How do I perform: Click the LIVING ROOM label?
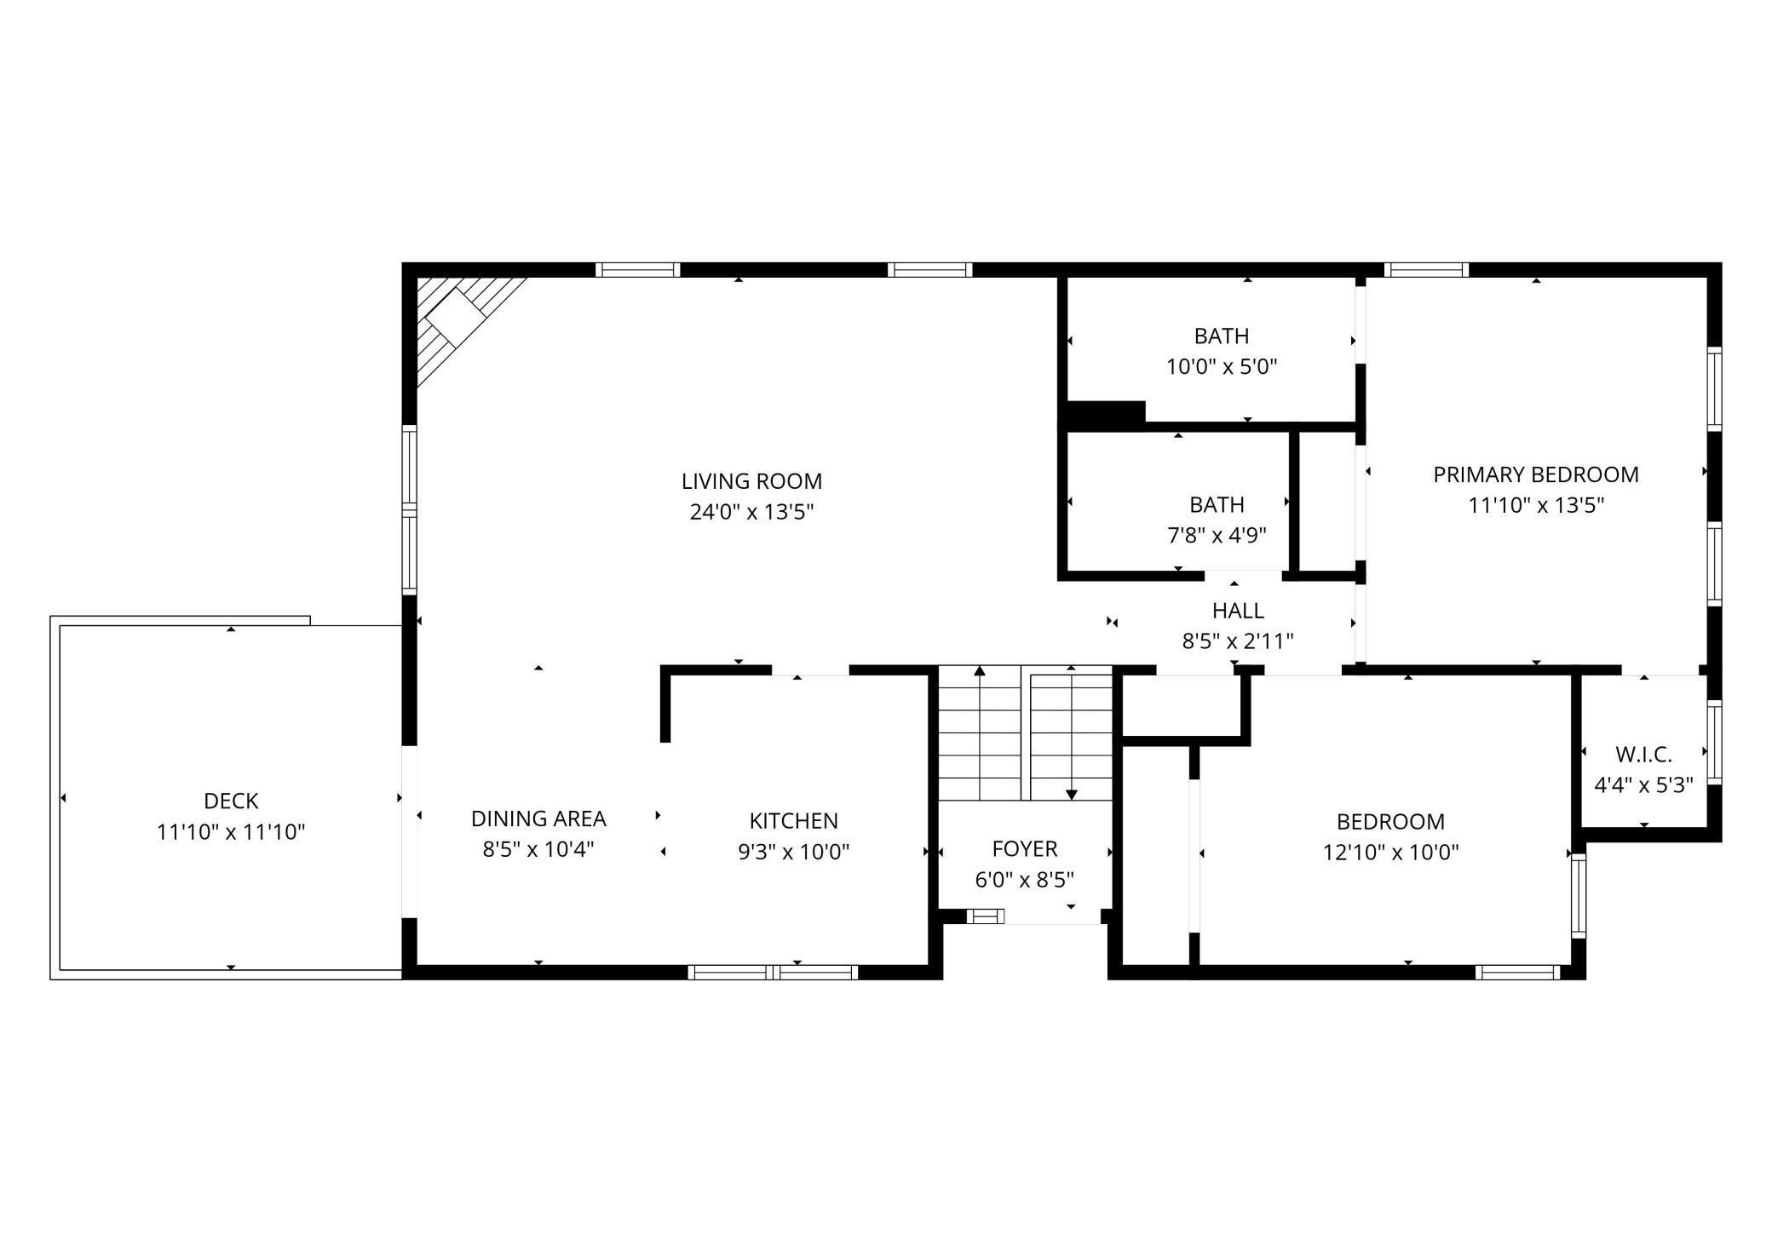pos(751,481)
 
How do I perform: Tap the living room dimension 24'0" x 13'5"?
pos(751,512)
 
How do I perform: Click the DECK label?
pos(231,801)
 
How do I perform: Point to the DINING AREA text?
pos(538,819)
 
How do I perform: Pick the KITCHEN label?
pos(794,821)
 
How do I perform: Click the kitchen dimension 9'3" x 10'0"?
pos(794,852)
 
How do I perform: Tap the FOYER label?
pos(1025,848)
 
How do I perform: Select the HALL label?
pos(1238,611)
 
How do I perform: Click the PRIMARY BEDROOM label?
pos(1536,474)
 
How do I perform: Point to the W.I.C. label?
pos(1643,755)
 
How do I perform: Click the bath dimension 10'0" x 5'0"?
pos(1222,367)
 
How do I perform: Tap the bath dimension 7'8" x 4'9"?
pos(1217,536)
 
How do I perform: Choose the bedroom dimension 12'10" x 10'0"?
pos(1390,853)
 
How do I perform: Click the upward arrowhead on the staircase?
pos(980,671)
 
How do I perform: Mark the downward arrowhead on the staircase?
pos(1072,795)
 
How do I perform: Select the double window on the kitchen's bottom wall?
pos(773,972)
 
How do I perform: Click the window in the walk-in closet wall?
pos(1715,742)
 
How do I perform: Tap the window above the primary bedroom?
pos(1427,270)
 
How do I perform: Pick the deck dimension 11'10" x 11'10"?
pos(231,832)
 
